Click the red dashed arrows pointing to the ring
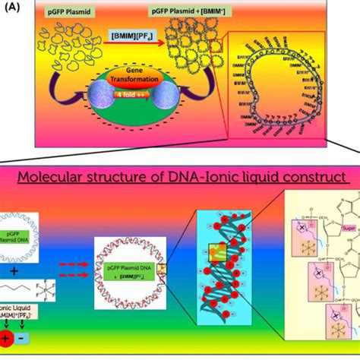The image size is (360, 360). tap(80, 267)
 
